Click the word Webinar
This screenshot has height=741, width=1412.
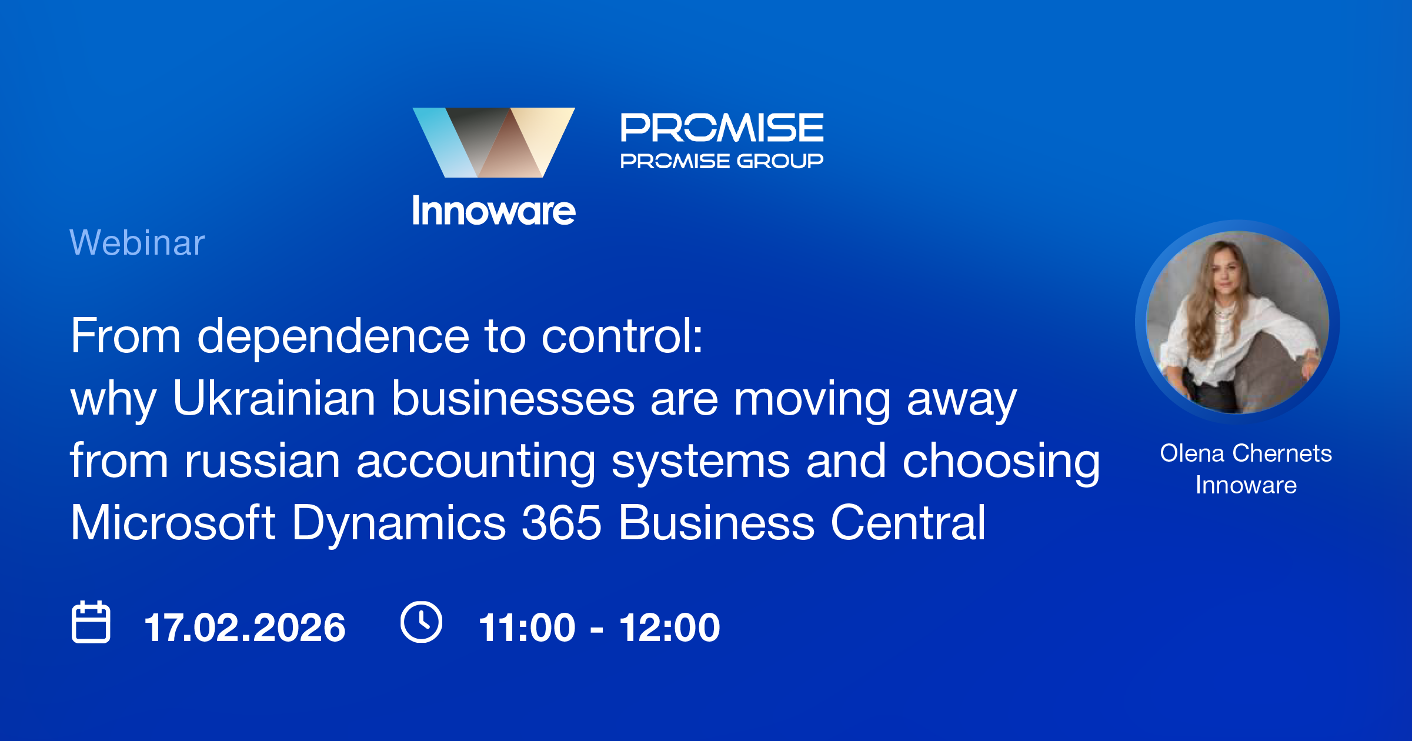coord(137,242)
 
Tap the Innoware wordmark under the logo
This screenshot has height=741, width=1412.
coord(493,211)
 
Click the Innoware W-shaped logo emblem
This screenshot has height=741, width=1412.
coord(493,142)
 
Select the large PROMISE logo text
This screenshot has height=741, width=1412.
coord(722,128)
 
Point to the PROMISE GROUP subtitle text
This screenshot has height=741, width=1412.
coord(722,161)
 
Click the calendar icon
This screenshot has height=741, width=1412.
coord(91,622)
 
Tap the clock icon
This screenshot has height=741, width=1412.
coord(421,622)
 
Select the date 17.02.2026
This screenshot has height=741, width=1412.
coord(245,627)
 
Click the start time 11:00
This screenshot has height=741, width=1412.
coord(527,627)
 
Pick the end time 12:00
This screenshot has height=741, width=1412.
coord(669,627)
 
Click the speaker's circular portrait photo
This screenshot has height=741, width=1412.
coord(1237,322)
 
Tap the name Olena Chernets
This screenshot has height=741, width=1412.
coord(1246,453)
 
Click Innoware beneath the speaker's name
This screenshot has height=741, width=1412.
coord(1246,485)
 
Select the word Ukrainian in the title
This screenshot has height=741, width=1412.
coord(274,399)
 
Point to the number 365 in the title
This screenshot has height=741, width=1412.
coord(562,523)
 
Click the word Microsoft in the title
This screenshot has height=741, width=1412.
coord(173,523)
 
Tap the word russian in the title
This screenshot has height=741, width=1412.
coord(262,461)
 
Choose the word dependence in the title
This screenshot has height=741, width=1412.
coord(333,336)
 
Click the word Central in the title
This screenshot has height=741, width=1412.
coord(908,523)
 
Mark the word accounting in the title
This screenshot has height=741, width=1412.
coord(476,461)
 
